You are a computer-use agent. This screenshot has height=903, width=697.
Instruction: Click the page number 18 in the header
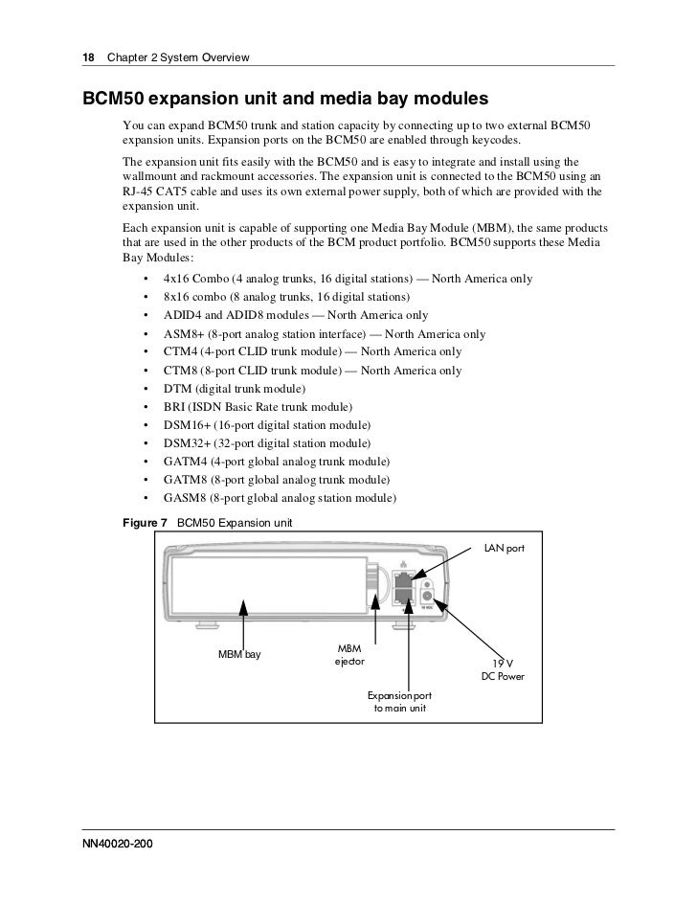point(88,59)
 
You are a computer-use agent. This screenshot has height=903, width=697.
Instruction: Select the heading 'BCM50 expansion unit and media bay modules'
point(285,100)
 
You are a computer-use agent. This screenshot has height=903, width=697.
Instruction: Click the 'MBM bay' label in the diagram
point(239,655)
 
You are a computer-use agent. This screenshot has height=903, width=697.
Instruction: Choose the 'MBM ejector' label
point(348,656)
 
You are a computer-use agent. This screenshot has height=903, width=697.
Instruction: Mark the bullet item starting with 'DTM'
point(236,389)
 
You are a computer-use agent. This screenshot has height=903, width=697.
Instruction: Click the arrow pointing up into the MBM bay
point(245,618)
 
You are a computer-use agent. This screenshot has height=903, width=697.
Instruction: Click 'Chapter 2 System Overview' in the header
point(178,59)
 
